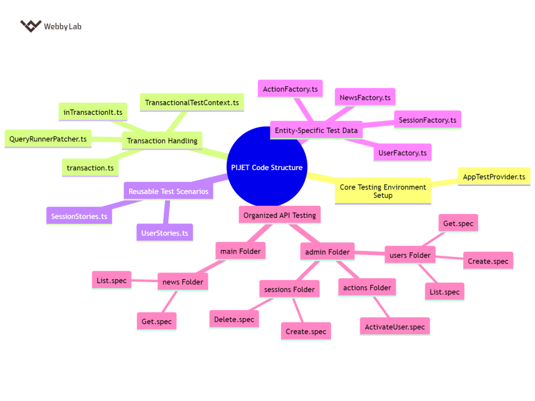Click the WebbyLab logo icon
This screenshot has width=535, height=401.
pos(31,26)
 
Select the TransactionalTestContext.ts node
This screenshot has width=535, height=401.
pos(192,103)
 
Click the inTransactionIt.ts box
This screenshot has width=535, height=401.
pos(93,112)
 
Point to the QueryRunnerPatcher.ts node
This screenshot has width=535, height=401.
pos(48,139)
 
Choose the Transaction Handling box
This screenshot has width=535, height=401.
pos(162,141)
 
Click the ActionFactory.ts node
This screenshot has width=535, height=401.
pos(290,89)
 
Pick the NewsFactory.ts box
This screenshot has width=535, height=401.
pos(365,98)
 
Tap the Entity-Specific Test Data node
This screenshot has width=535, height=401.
pos(316,130)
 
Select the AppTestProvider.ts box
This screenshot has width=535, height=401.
pos(494,177)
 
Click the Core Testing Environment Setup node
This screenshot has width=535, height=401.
pos(383,191)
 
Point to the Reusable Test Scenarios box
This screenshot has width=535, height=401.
pos(169,191)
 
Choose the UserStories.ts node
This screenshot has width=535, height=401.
pos(165,233)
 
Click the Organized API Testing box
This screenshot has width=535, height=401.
pos(279,215)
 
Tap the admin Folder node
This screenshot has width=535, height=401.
pos(327,252)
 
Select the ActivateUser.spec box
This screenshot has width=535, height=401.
pos(394,326)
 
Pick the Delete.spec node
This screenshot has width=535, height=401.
pos(234,319)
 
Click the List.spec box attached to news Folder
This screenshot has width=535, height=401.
pos(112,280)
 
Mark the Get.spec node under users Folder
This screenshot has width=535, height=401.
pos(458,223)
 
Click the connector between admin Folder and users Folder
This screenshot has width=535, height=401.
pos(370,253)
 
